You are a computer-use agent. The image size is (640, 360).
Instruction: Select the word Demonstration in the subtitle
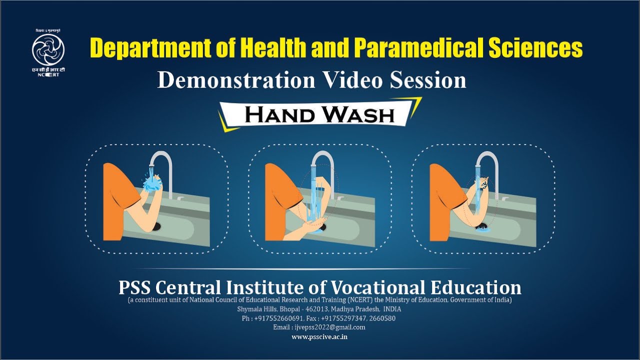point(236,80)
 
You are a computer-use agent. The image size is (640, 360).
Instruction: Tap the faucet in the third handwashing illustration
point(490,165)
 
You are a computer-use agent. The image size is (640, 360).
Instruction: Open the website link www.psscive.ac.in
point(320,337)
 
